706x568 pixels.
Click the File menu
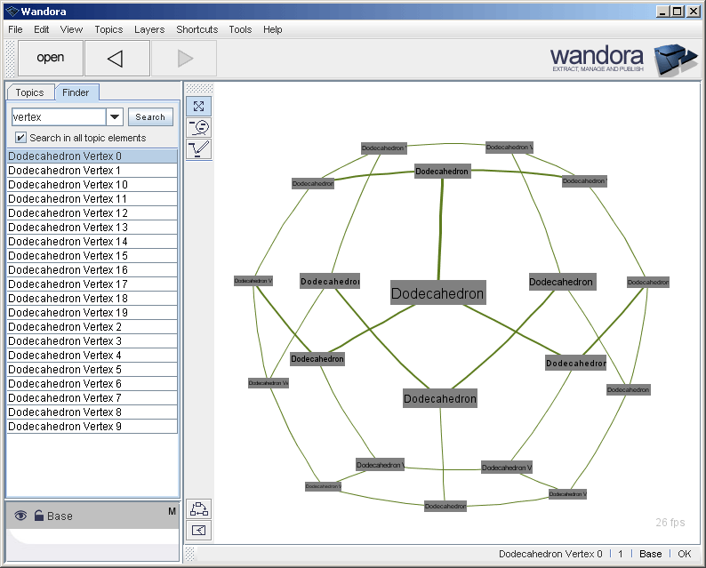[x=15, y=29]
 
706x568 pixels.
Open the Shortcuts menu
[x=197, y=29]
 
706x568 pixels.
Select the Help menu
[x=272, y=29]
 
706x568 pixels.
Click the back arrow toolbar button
[x=116, y=59]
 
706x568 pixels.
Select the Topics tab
[x=29, y=92]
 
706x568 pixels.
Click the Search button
[x=150, y=117]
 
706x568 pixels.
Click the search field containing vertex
[x=58, y=117]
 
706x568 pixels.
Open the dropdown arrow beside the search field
[x=115, y=117]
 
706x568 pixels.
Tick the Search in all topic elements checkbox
[x=21, y=138]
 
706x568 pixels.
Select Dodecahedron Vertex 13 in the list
[x=68, y=228]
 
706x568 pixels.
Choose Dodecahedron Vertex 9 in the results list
[x=65, y=427]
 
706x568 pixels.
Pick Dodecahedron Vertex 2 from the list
[x=65, y=327]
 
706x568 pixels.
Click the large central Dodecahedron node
[x=437, y=293]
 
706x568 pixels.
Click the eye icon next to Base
[x=20, y=516]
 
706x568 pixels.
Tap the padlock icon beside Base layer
[x=38, y=516]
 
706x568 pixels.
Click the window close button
[x=693, y=11]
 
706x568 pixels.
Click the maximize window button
[x=678, y=11]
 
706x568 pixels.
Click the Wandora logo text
[x=597, y=56]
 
